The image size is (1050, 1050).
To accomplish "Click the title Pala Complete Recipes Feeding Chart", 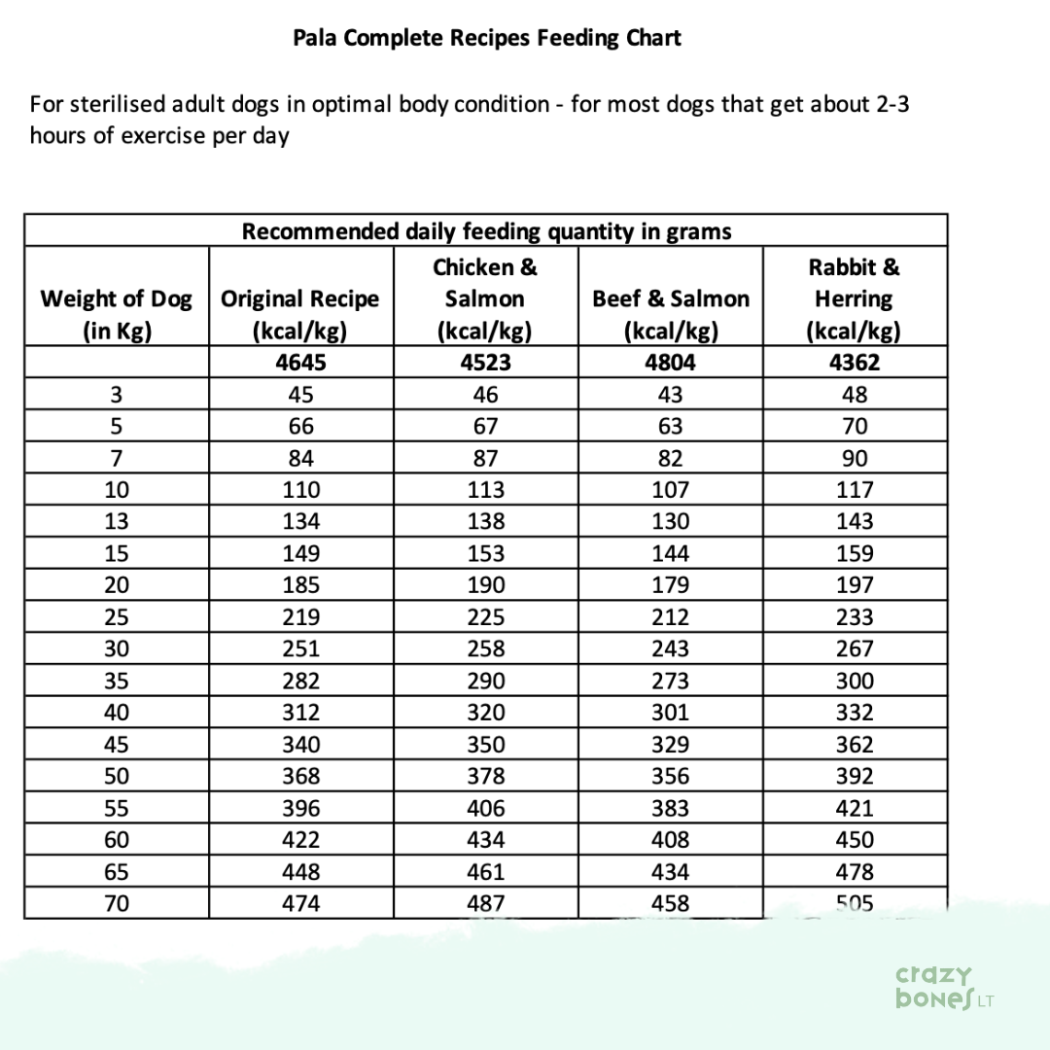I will pos(487,39).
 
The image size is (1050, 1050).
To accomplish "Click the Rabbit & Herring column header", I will pos(854,297).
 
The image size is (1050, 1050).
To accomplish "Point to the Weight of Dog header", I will pos(116,313).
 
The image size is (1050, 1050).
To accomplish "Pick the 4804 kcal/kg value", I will pos(670,364).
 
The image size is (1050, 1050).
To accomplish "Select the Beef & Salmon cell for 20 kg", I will pos(670,585).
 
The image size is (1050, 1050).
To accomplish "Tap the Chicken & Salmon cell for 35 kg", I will pos(485,681).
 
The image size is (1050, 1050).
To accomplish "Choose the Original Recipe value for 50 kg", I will pos(300,776).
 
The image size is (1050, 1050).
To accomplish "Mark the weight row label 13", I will pos(116,521).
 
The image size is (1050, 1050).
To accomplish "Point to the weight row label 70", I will pos(116,903).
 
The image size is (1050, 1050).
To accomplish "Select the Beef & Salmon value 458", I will pos(670,903).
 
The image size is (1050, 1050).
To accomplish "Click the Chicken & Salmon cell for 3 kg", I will pos(485,395).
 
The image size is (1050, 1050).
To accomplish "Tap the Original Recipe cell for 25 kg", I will pos(300,617).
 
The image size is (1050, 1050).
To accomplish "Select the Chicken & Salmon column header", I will pos(485,297).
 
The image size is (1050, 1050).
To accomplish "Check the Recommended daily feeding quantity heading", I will pos(486,231).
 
